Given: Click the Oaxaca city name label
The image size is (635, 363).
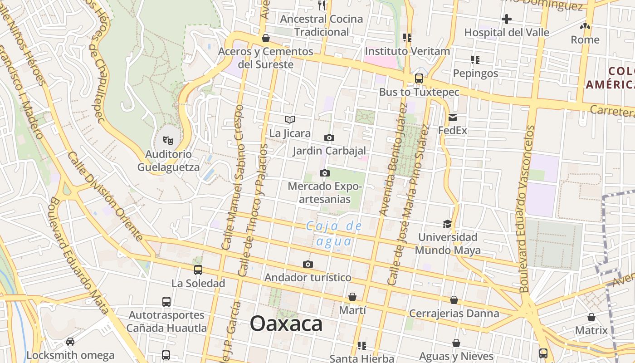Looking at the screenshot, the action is tap(286, 324).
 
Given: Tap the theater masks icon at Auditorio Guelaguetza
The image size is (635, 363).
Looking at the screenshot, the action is tap(168, 141).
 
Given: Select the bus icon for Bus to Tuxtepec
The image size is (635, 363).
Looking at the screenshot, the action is tap(419, 78).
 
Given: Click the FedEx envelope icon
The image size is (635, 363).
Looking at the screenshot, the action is tap(453, 118).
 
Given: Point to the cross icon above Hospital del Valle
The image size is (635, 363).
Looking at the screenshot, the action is tap(507, 19).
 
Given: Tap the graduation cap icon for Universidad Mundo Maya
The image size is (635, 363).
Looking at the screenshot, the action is tap(447, 224).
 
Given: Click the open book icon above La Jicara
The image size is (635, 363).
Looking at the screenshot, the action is tap(290, 119).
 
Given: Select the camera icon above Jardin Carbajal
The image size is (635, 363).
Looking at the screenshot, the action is tap(329, 137).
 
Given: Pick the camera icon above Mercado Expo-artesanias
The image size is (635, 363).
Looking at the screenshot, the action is tap(325, 173).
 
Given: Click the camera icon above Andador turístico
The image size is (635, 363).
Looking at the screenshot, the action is tap(308, 264).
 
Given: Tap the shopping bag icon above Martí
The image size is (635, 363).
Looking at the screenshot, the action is tap(352, 297).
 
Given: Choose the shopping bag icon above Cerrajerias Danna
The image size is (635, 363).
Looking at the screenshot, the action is tap(454, 300).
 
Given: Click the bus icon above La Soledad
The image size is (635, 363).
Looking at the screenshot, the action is tap(198, 270).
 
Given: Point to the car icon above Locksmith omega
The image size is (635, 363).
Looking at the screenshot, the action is tap(70, 341).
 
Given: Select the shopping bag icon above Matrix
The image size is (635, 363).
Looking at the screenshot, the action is tap(591, 317).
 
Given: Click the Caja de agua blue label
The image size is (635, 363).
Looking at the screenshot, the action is tap(334, 233).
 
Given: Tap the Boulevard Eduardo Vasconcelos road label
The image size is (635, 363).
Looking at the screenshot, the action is tap(528, 209).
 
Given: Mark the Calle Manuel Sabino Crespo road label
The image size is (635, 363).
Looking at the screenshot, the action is tap(233, 177).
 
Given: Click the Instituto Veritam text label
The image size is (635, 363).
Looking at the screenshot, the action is tap(407, 51).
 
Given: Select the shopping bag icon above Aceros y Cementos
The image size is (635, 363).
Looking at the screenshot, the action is tap(266, 38).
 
